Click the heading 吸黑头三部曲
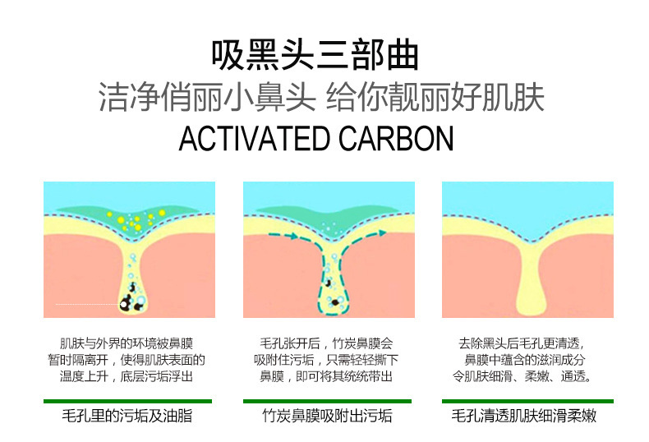pyautogui.click(x=315, y=55)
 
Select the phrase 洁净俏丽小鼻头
pyautogui.click(x=207, y=97)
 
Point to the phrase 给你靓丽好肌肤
pyautogui.click(x=435, y=97)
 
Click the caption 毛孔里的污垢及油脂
pyautogui.click(x=127, y=416)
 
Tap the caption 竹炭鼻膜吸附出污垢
pyautogui.click(x=327, y=416)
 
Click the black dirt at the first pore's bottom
pyautogui.click(x=129, y=302)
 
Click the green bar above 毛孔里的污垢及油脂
pyautogui.click(x=127, y=401)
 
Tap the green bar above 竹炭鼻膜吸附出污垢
pyautogui.click(x=327, y=401)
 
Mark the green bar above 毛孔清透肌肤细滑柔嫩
pyautogui.click(x=527, y=401)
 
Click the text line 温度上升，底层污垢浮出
pyautogui.click(x=127, y=375)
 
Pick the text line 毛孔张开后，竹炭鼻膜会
pyautogui.click(x=327, y=343)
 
